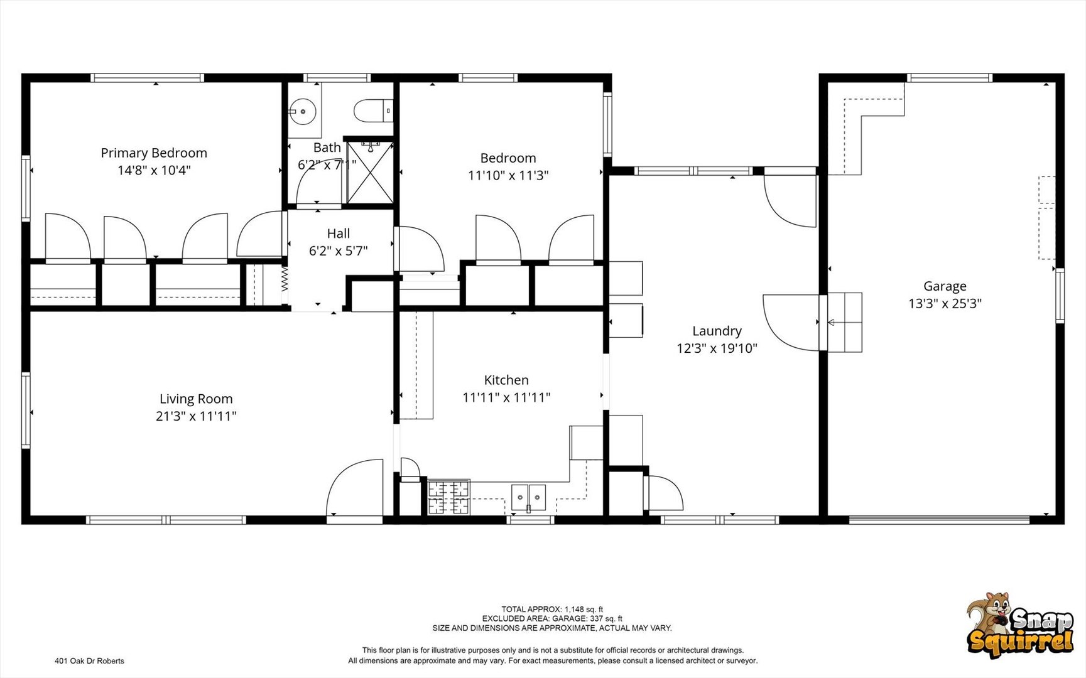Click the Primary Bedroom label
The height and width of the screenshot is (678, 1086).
point(154,153)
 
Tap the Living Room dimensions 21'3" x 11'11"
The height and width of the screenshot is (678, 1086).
point(196,416)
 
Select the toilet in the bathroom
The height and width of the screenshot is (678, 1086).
point(373,111)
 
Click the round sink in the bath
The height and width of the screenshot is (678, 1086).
point(303,112)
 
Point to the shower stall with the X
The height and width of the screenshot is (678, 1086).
point(370,172)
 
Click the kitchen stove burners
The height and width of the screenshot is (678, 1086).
point(448,497)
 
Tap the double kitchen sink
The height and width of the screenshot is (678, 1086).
point(528,497)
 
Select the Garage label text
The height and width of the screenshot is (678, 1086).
point(945,286)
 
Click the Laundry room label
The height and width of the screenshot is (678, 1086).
point(717,331)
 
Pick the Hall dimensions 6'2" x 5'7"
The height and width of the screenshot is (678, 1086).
point(338,250)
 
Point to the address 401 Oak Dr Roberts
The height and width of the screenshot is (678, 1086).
point(89,660)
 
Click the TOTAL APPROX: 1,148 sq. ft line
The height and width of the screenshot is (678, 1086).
point(552,609)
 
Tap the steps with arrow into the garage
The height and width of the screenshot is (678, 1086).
point(844,322)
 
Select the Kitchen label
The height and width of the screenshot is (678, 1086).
point(506,380)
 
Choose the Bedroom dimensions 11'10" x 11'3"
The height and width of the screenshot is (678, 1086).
point(508,175)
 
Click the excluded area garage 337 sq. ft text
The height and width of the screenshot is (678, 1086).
point(552,618)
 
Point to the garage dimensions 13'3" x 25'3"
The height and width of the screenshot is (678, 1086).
point(945,303)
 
